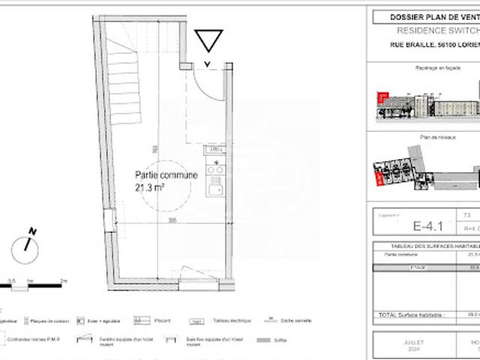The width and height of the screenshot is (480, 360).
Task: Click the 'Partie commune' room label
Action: [x=166, y=175]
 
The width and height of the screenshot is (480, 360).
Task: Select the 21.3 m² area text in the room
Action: [x=150, y=187]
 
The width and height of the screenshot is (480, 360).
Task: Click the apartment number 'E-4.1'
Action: [x=424, y=223]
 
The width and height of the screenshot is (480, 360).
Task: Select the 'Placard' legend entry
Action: [x=158, y=320]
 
